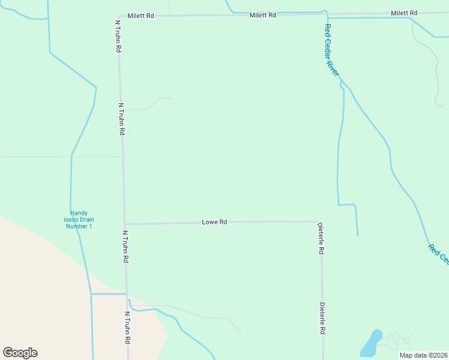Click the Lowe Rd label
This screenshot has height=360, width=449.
pos(214,222)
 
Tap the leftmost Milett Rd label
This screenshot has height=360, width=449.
pos(141,16)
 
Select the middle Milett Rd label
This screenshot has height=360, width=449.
pos(263,14)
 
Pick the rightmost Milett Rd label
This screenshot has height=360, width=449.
pos(403,13)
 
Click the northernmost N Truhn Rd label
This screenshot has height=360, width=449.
pos(119,35)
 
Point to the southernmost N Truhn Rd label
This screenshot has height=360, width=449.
pos(127,327)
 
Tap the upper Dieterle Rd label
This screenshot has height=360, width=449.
pos(321,238)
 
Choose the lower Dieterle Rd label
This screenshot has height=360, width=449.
pos(322,318)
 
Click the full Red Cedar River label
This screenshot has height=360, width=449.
pos(332,50)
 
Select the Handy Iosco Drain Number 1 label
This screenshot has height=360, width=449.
pos(82,219)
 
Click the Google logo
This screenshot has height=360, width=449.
pos(20,353)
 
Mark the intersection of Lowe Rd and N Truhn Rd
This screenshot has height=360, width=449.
pos(125,224)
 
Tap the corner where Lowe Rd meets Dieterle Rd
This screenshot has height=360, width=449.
pos(318,221)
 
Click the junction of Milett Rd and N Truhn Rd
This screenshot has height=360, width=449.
pos(118,16)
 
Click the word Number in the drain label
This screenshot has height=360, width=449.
pos(82,226)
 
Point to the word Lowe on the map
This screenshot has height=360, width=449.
pos(209,222)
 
